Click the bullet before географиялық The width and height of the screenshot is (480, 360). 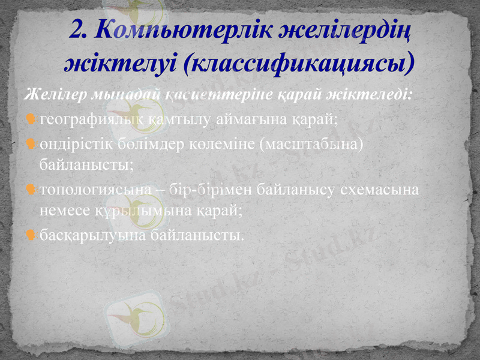[x=31, y=119]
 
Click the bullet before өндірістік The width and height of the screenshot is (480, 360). [x=31, y=144]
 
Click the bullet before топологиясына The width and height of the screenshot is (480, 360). [x=31, y=190]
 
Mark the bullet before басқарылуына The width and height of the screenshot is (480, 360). [x=31, y=233]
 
